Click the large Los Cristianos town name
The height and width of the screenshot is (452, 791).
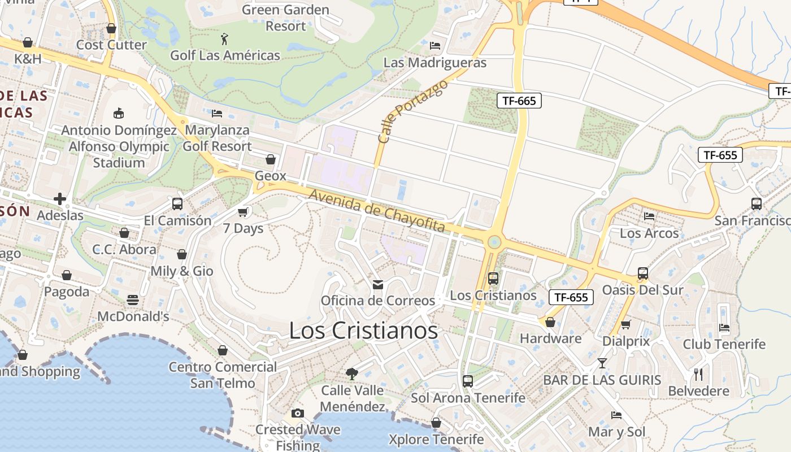pyautogui.click(x=363, y=331)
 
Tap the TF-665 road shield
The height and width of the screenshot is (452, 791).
pyautogui.click(x=519, y=101)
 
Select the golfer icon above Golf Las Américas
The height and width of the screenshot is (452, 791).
pyautogui.click(x=225, y=39)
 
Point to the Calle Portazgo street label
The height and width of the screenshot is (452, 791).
pyautogui.click(x=412, y=111)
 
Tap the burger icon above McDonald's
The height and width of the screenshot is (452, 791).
pyautogui.click(x=133, y=299)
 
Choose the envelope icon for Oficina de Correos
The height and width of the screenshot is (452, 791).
pyautogui.click(x=378, y=284)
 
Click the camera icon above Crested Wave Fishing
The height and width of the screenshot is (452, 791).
pyautogui.click(x=298, y=413)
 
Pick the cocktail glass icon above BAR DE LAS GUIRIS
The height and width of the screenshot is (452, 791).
pyautogui.click(x=602, y=363)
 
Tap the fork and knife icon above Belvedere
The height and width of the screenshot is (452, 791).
pyautogui.click(x=698, y=374)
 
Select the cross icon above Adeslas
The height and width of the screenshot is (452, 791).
pyautogui.click(x=60, y=199)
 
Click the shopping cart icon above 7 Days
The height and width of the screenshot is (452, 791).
pyautogui.click(x=243, y=212)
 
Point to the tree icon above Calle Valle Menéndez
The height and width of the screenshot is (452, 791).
pyautogui.click(x=352, y=373)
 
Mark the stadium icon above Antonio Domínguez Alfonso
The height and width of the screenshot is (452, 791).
pyautogui.click(x=119, y=114)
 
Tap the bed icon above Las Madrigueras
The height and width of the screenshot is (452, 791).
pyautogui.click(x=435, y=46)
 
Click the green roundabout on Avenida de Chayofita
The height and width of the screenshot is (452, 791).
pyautogui.click(x=494, y=242)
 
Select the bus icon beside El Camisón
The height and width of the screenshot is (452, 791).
pyautogui.click(x=177, y=204)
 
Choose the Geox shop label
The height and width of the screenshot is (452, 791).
pyautogui.click(x=271, y=176)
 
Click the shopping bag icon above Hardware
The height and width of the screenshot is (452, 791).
pyautogui.click(x=550, y=322)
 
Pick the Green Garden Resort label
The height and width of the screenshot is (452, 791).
pyautogui.click(x=285, y=18)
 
